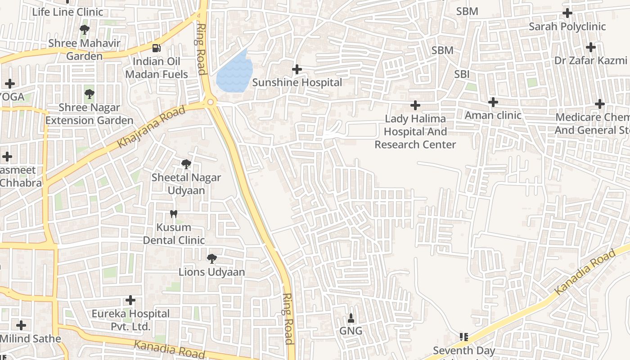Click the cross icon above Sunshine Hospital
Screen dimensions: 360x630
pos(297,69)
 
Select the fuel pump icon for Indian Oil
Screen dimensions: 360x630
pos(156,48)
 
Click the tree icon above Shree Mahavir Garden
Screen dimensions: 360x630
pos(84,30)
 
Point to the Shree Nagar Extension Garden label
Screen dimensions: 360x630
pos(89,114)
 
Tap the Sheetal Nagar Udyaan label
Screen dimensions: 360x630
pos(186,184)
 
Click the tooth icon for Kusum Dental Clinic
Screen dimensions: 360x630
pos(174,214)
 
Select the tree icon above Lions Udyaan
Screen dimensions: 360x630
pos(211,259)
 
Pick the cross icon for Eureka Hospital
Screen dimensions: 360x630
pos(130,300)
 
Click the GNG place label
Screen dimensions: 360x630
pos(351,331)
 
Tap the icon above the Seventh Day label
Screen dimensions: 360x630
pos(464,337)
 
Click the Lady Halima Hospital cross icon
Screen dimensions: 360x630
pos(415,106)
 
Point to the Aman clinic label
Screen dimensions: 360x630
pos(493,115)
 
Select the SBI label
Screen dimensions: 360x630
pos(462,74)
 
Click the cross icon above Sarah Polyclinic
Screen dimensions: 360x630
pos(567,13)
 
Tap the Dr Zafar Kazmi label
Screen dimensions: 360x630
pos(590,60)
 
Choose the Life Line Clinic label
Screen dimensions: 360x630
pos(67,12)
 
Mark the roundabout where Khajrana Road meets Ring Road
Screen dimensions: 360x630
pos(211,103)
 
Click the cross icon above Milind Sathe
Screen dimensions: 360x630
pos(21,325)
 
